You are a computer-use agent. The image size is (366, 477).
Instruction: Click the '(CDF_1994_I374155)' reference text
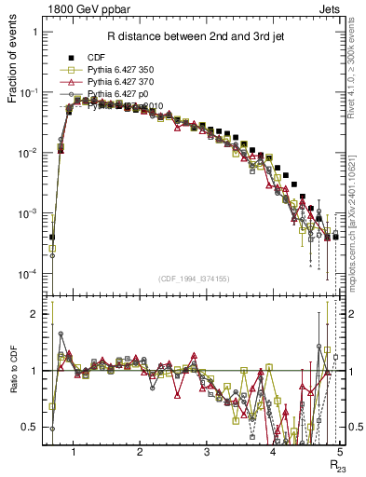pos(195,279)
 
